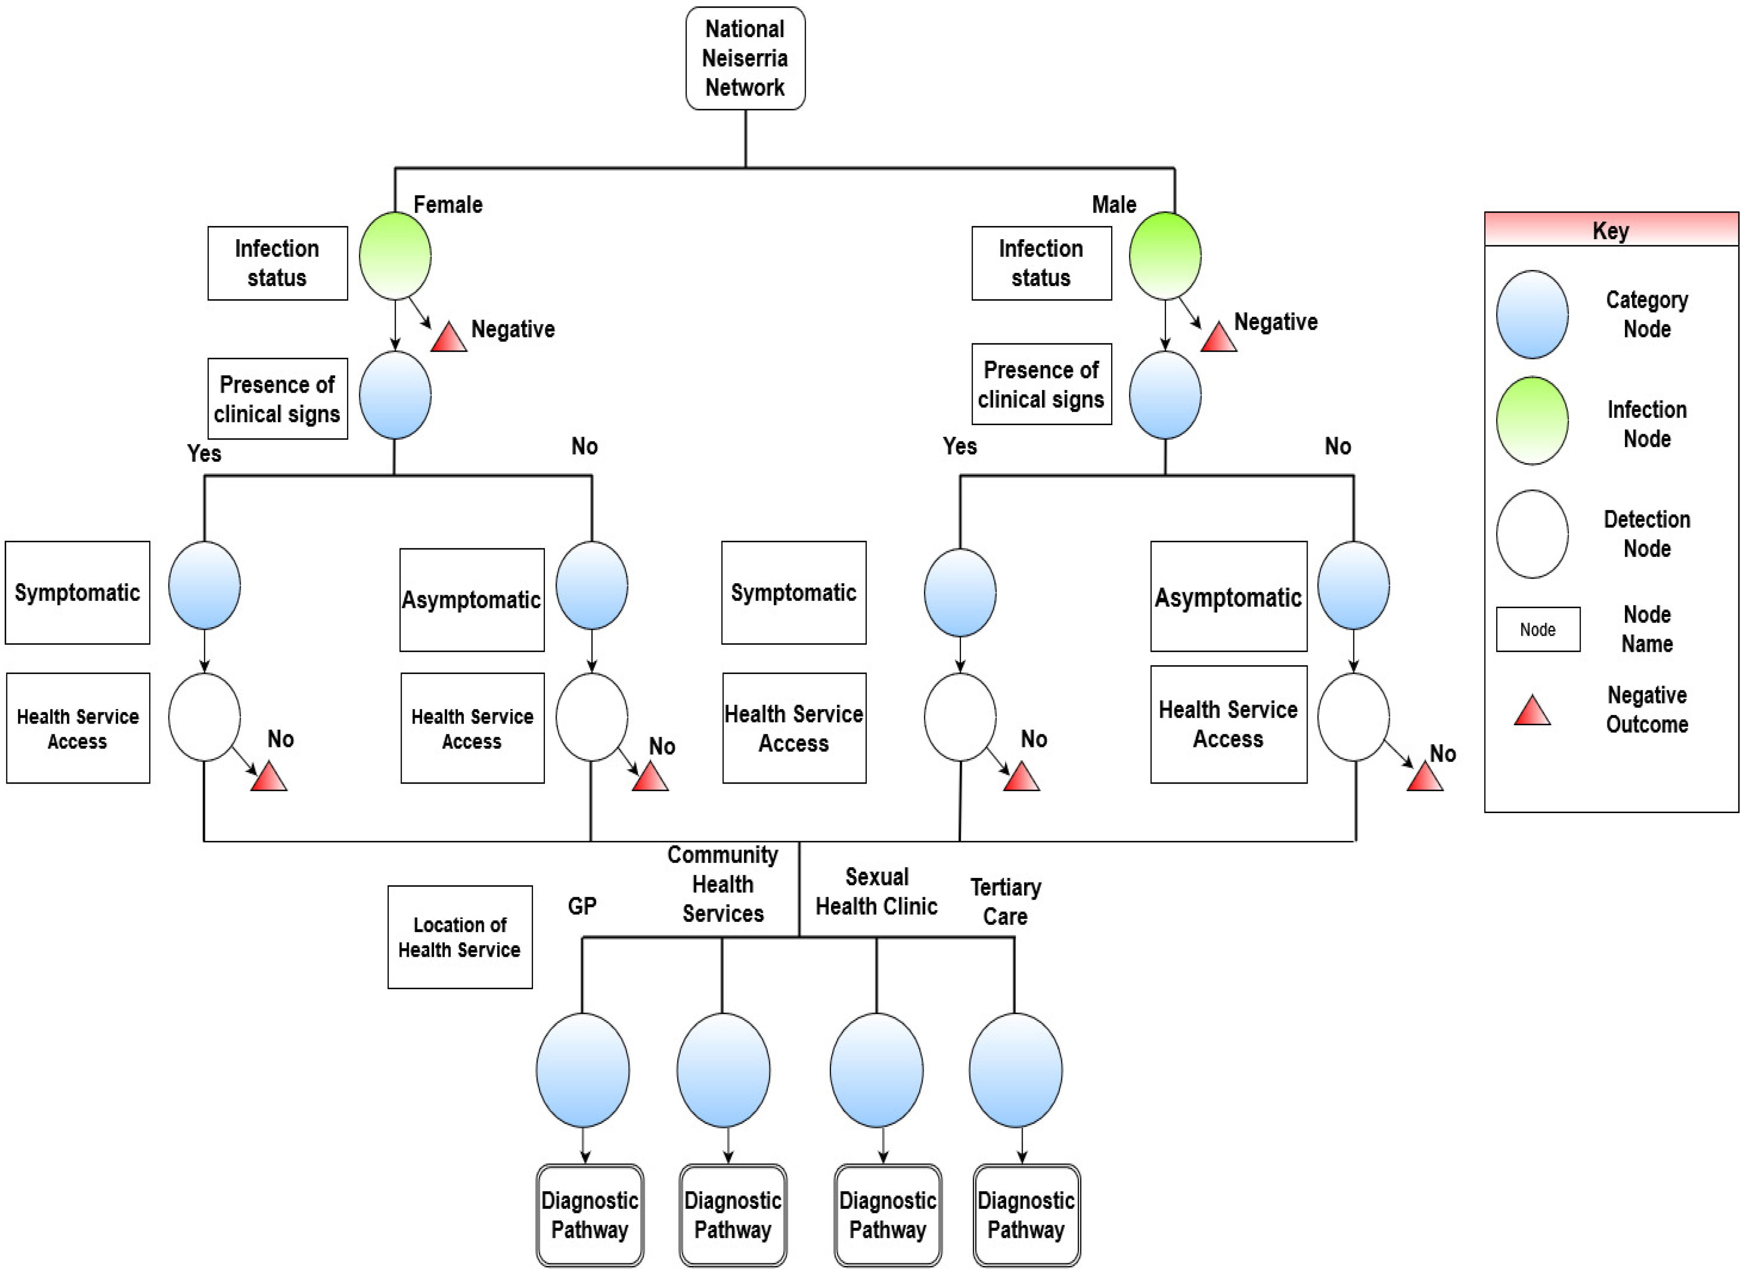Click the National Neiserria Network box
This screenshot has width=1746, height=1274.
[x=745, y=58]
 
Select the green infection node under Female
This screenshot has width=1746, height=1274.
[x=395, y=256]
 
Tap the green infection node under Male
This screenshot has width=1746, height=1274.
[x=1164, y=256]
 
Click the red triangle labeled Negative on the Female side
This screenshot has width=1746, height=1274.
[x=449, y=338]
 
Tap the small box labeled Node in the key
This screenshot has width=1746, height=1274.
[x=1538, y=629]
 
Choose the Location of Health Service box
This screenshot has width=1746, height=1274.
[x=460, y=937]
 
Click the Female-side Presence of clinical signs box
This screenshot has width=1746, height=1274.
[x=277, y=399]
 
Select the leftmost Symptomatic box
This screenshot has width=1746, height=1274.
[x=77, y=592]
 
